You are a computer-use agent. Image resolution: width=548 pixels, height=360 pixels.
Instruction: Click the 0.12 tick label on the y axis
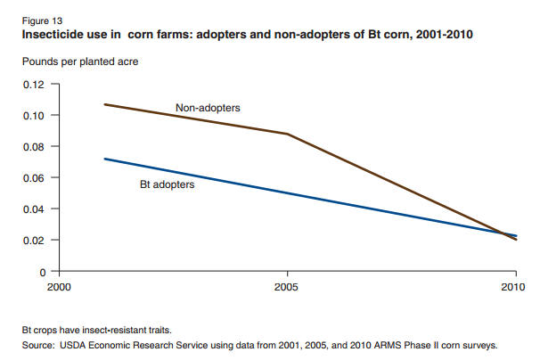[33, 85]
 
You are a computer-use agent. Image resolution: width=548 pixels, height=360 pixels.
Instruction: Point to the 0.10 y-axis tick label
[33, 116]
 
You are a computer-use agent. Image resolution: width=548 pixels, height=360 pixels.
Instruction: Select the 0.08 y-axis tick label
[33, 147]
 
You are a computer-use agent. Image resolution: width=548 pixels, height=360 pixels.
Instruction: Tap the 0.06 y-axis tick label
[33, 178]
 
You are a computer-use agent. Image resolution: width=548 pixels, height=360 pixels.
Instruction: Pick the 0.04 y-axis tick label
[33, 209]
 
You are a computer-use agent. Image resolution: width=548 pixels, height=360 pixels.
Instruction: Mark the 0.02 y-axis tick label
[33, 241]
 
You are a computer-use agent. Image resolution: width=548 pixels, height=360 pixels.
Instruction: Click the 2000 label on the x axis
[58, 287]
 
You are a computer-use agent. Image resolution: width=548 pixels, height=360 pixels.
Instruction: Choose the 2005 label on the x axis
[287, 287]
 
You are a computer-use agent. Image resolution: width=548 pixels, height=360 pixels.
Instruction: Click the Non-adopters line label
[209, 107]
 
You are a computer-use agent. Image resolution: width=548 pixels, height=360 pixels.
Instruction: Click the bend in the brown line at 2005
[287, 135]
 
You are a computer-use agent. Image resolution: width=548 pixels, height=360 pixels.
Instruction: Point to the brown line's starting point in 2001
[104, 104]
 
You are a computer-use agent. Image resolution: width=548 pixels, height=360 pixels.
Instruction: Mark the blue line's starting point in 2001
[104, 159]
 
